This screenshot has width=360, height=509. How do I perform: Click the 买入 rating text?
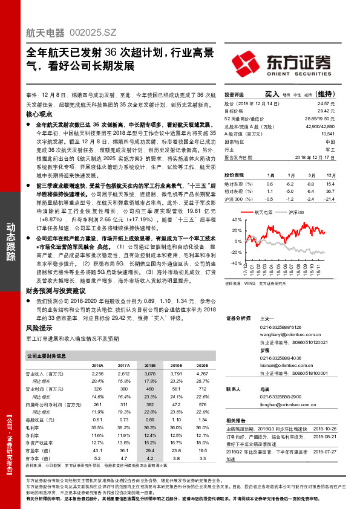click(x=272, y=94)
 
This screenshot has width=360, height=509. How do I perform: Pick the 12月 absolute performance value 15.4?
click(x=330, y=183)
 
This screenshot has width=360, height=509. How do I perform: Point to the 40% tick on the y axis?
click(x=237, y=221)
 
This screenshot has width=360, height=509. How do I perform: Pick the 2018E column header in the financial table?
click(x=149, y=366)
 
